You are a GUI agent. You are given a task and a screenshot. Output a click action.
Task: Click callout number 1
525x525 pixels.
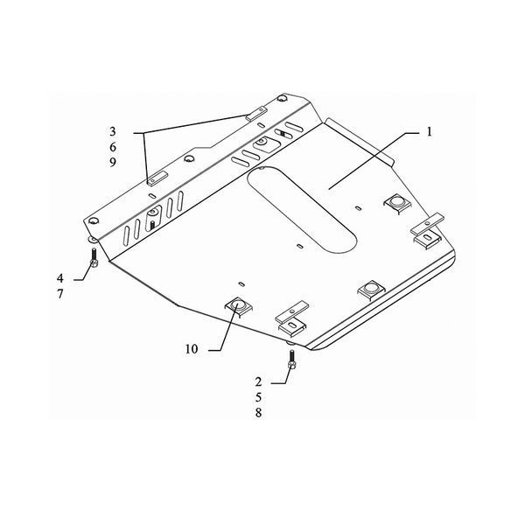point(429,132)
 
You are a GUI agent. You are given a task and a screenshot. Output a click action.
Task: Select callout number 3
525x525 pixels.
point(113,131)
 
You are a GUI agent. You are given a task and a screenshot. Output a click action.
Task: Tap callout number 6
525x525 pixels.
point(113,147)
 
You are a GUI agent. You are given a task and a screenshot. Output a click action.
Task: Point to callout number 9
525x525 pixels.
point(113,163)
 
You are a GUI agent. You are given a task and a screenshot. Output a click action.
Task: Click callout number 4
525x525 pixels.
point(59,278)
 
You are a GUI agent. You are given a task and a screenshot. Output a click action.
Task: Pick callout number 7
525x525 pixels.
point(59,294)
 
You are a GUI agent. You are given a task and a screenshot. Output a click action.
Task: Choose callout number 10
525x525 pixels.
point(192,349)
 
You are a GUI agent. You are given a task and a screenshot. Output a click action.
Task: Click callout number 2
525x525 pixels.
point(258,381)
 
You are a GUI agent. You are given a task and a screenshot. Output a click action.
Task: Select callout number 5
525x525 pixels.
point(258,397)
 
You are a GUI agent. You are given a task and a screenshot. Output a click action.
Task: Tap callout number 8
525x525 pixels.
point(258,413)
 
